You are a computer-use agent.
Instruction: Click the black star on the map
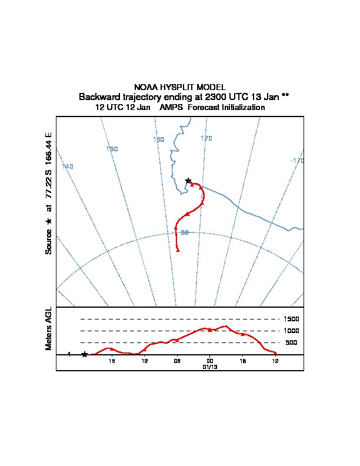point(188,181)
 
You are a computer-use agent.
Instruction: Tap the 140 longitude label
point(68,167)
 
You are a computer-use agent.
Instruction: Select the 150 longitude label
point(112,149)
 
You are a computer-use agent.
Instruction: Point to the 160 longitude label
point(158,139)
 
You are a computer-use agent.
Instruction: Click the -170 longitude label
point(296,161)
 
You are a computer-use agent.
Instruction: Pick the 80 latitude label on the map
point(184,233)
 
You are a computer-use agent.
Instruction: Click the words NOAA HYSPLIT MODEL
point(180,87)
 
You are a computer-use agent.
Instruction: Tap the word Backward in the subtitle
point(98,96)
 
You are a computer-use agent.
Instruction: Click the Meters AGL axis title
point(49,329)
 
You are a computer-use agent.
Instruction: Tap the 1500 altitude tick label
point(292,319)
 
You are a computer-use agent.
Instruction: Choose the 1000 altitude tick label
point(292,331)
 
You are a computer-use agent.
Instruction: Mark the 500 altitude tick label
point(291,342)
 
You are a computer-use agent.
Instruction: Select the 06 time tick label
point(176,360)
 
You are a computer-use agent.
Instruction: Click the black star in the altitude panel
point(85,354)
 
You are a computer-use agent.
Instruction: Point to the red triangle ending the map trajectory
point(178,251)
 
